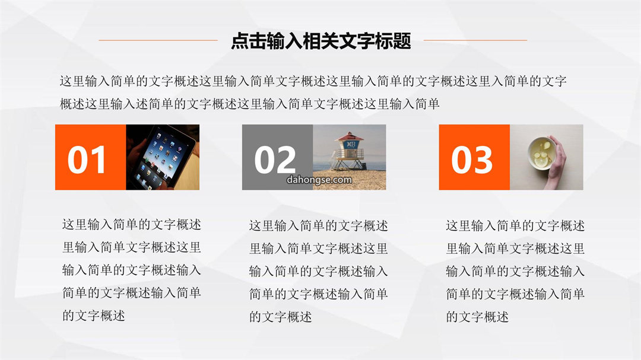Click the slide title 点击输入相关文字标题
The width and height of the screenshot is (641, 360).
[x=321, y=41]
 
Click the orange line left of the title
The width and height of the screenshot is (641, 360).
[x=158, y=40]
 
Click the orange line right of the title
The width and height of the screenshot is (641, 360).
[x=475, y=40]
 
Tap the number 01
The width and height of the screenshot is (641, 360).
[x=87, y=160]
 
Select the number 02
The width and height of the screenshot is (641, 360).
[x=275, y=160]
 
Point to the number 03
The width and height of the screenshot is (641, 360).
[x=472, y=160]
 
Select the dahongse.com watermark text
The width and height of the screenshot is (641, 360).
[x=319, y=180]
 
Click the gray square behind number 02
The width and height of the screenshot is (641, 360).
[x=278, y=157]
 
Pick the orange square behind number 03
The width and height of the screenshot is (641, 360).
[x=474, y=157]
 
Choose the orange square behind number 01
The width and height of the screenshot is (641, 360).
[x=91, y=157]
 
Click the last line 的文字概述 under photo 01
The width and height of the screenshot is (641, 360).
[x=94, y=316]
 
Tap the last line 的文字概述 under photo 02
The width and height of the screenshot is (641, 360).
[x=280, y=317]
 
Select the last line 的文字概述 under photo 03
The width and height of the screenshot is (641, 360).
[x=477, y=317]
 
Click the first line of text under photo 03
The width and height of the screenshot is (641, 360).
[x=515, y=225]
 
